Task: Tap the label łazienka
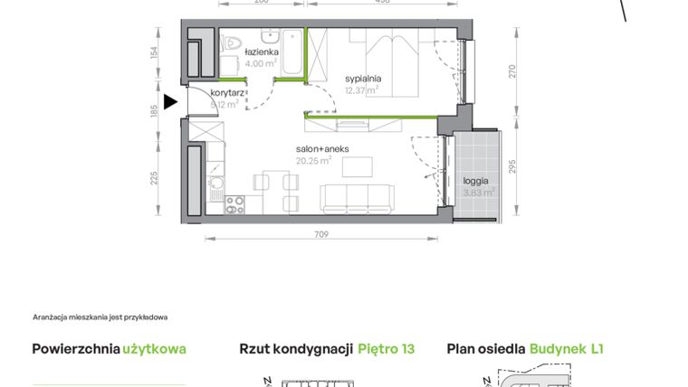263,52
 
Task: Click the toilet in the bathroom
233,41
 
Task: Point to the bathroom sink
270,38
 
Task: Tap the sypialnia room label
363,79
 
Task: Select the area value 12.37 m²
361,90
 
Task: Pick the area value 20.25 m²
313,161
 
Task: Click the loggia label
476,180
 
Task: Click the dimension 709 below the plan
321,235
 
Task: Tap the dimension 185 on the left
155,108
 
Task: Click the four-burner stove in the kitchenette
235,205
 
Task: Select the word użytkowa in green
155,349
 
